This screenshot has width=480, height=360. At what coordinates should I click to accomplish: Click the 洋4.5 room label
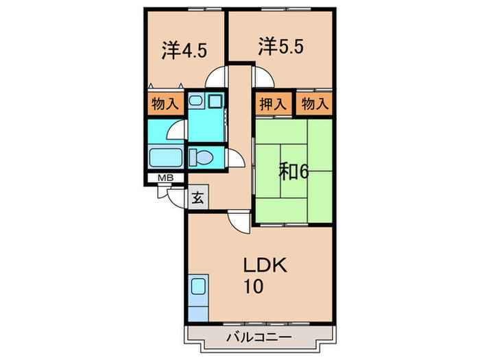[x=184, y=50]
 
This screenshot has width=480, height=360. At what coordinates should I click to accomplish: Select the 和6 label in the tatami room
[x=293, y=171]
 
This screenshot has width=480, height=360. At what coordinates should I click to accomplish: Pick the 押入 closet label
[x=273, y=105]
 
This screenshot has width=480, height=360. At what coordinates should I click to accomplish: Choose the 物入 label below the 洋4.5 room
[x=165, y=105]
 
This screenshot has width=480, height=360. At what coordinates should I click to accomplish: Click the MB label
[x=165, y=178]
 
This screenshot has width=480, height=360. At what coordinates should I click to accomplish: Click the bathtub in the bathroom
[x=165, y=158]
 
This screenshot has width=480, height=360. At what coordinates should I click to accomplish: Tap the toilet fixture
[x=203, y=157]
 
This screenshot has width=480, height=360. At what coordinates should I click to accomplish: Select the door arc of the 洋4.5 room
[x=218, y=75]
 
